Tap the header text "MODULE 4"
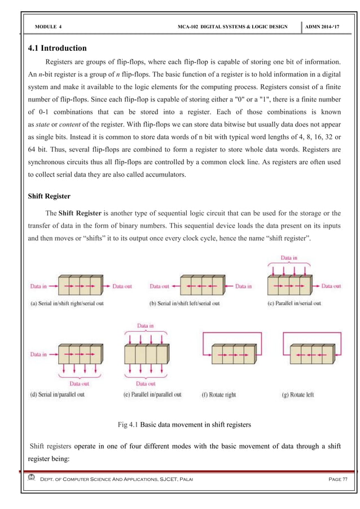click(49, 27)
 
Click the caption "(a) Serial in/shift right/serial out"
click(74, 303)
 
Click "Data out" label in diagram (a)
click(122, 286)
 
